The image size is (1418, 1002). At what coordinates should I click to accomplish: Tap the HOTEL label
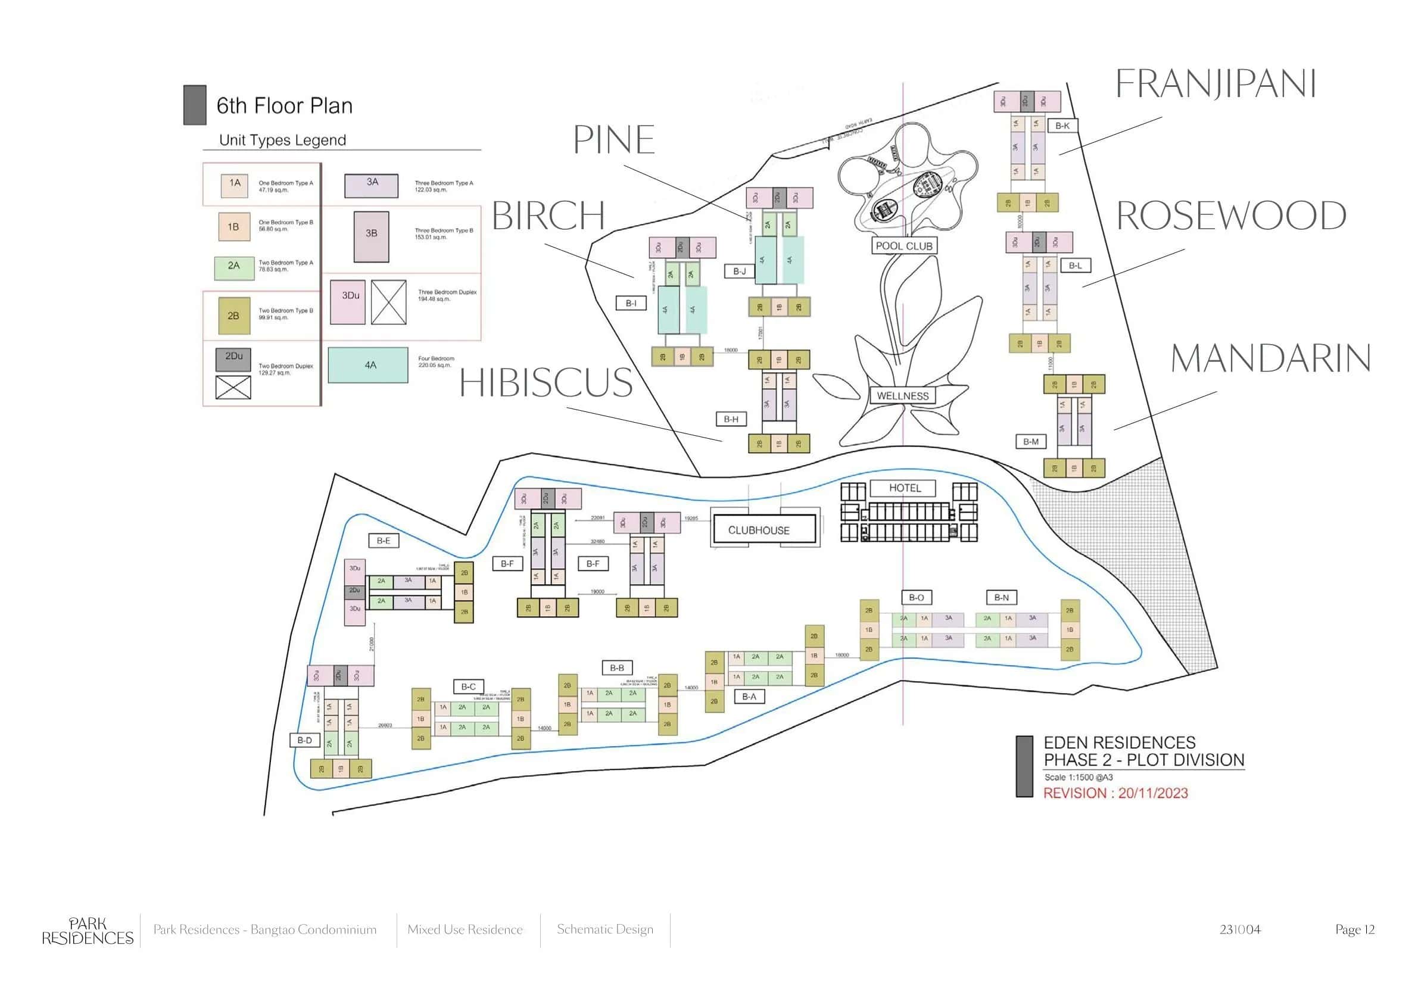pos(905,488)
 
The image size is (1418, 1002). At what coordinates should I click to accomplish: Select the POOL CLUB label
pos(903,246)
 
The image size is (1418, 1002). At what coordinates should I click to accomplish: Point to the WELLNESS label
pos(902,396)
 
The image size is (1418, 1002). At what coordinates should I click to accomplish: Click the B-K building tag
pos(1062,126)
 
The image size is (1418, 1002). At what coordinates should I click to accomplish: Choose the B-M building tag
pos(1031,441)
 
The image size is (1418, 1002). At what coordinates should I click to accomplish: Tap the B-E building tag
pos(384,540)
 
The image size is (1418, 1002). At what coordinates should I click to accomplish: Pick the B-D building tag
pos(304,739)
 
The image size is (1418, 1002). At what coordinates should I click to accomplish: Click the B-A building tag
pos(749,697)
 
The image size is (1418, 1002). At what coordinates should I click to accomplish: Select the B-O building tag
pos(917,597)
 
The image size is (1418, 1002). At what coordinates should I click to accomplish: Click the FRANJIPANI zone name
pos(1216,84)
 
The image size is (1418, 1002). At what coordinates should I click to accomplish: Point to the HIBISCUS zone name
pos(546,382)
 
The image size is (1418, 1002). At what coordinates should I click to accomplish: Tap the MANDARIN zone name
pos(1270,358)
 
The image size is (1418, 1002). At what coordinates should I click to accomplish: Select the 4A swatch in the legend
pos(368,365)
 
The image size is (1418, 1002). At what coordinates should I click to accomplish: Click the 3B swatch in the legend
pos(371,236)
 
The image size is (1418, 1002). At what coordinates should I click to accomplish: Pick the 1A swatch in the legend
pos(235,185)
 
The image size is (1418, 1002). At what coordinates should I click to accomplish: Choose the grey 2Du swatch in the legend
pos(233,360)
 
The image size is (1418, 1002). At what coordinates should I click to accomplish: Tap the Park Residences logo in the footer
pos(88,931)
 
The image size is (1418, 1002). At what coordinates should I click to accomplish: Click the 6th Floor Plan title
pos(284,105)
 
